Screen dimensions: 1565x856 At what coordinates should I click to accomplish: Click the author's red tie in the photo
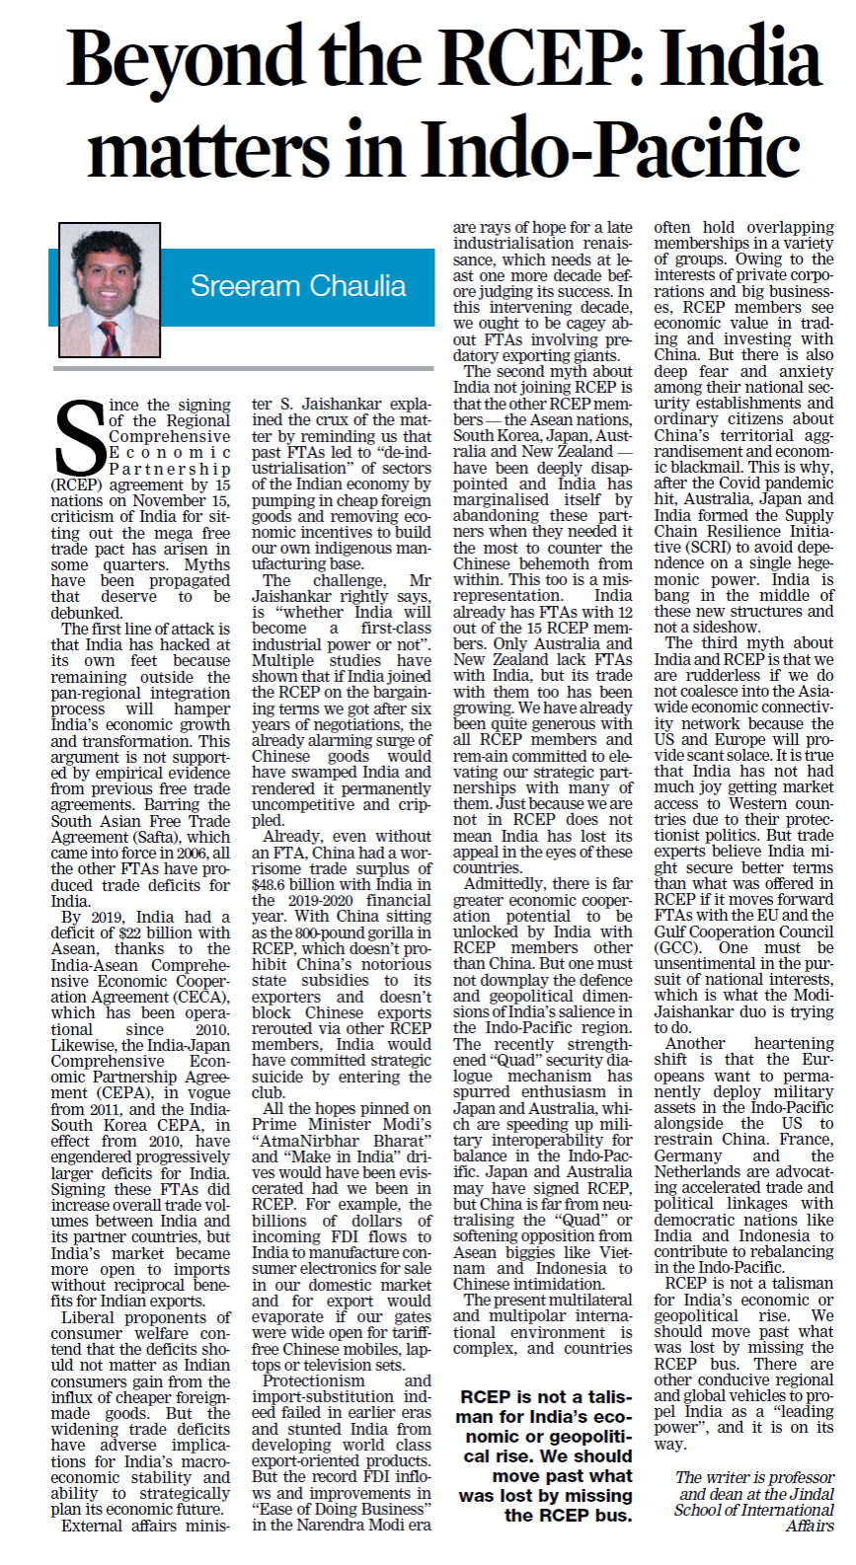(x=107, y=338)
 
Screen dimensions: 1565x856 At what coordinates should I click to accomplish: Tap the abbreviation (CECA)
(x=203, y=997)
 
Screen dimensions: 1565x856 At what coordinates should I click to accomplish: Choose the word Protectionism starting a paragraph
(x=314, y=1380)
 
